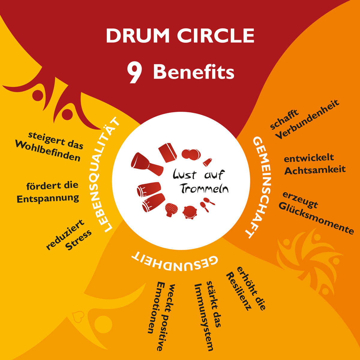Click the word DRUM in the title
point(138,36)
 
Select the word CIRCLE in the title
point(216,36)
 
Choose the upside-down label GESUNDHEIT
point(175,262)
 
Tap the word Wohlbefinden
point(48,151)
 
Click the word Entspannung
point(48,199)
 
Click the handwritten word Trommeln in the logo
point(204,189)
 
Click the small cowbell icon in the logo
point(207,162)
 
